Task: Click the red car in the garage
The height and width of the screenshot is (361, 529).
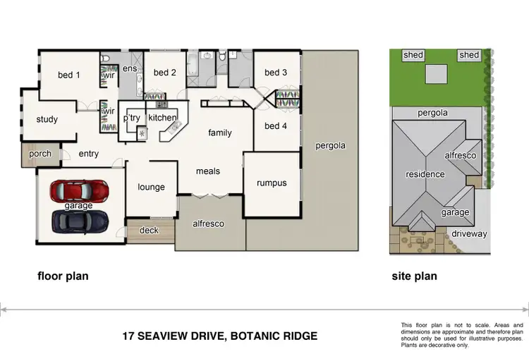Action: [79, 190]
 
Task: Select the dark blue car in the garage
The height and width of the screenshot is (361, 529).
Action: [79, 221]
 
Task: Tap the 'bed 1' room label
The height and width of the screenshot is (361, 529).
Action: [68, 75]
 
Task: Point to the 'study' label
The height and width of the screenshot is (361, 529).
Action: [47, 119]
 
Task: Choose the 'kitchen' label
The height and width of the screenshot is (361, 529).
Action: [162, 118]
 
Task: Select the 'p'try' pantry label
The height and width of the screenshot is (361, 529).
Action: [131, 118]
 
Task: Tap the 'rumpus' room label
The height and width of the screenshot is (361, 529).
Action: [272, 183]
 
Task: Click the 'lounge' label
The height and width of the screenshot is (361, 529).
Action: [151, 187]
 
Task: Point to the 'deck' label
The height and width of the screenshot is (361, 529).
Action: [149, 230]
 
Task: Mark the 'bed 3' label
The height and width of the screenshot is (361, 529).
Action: [276, 72]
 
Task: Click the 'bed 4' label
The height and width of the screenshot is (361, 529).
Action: [276, 126]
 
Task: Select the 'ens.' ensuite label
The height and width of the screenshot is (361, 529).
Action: [130, 68]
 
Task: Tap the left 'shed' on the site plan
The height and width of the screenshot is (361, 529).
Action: [413, 55]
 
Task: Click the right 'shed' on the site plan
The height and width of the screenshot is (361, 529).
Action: [469, 55]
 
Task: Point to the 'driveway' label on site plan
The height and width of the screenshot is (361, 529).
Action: [470, 233]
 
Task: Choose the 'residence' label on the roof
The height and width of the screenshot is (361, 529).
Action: [425, 174]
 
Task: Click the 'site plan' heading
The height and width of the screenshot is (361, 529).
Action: [414, 276]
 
